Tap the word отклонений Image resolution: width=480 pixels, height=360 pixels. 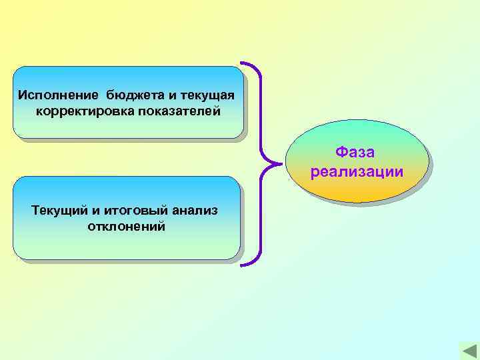[126, 227]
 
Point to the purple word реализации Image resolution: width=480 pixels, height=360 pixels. [357, 171]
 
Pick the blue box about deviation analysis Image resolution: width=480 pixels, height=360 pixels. [126, 218]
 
